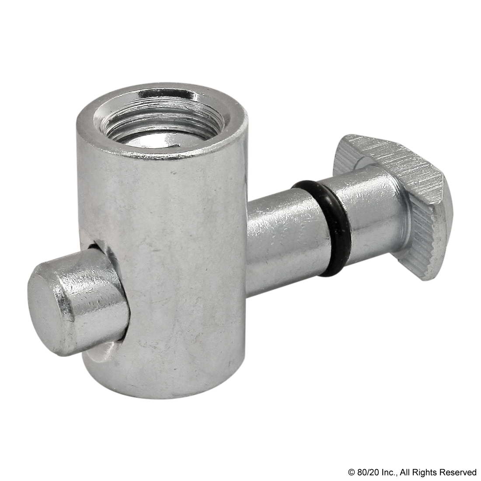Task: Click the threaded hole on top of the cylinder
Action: pyautogui.click(x=160, y=121)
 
